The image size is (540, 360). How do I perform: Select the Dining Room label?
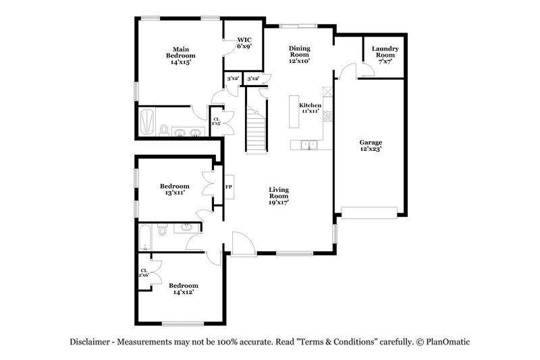pos(300,55)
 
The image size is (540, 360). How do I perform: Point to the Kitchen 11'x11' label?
pos(310,108)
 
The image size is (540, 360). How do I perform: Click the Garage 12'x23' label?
pos(371,146)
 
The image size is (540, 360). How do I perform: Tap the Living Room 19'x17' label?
pos(279,196)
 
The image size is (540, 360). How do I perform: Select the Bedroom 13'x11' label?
pos(174,189)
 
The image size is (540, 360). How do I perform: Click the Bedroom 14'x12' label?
pos(184,288)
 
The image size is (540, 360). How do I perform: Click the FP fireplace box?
pos(229,187)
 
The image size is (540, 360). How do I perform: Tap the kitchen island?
pos(294,111)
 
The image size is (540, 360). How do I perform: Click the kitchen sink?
pos(308,144)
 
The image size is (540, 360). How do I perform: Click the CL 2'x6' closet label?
pos(144,273)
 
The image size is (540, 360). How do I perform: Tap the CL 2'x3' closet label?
pos(216,122)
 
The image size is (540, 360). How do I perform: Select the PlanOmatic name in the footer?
pos(446,342)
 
